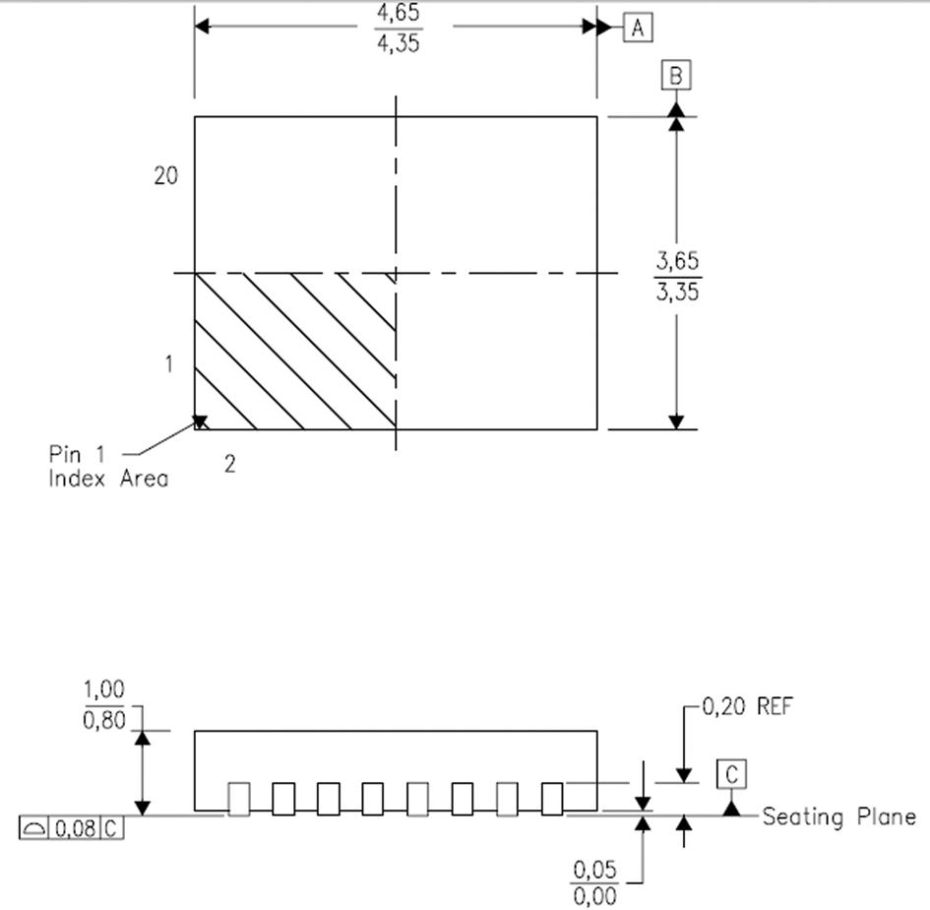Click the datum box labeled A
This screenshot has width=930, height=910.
(x=638, y=28)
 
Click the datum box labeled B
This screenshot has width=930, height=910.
(x=676, y=76)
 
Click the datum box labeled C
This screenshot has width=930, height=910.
(x=731, y=775)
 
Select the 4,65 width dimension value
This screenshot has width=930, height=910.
(x=398, y=14)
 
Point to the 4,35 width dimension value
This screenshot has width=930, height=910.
(x=398, y=43)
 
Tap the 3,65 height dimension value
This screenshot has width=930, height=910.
(x=678, y=262)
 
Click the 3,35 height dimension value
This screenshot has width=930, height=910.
(x=678, y=292)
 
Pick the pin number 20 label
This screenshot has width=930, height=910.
(x=165, y=175)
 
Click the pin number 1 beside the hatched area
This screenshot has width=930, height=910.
(x=168, y=364)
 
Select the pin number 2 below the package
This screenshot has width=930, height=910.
(x=229, y=465)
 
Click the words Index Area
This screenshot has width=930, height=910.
(x=108, y=480)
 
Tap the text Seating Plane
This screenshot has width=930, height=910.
(x=838, y=816)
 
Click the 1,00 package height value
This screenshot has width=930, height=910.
(x=104, y=689)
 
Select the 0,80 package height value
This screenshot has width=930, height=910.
(x=104, y=720)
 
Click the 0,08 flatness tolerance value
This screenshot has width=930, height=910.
(x=75, y=828)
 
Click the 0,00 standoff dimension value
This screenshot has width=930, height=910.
(x=595, y=896)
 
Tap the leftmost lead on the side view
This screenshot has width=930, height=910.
(x=238, y=799)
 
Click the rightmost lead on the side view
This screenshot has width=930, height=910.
(x=552, y=798)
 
